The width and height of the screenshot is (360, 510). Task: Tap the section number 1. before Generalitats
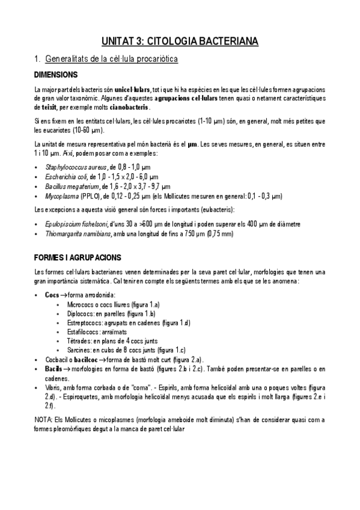click(x=38, y=60)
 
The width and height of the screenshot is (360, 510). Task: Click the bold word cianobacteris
click(x=128, y=108)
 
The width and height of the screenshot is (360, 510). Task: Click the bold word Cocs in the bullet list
click(x=52, y=296)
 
